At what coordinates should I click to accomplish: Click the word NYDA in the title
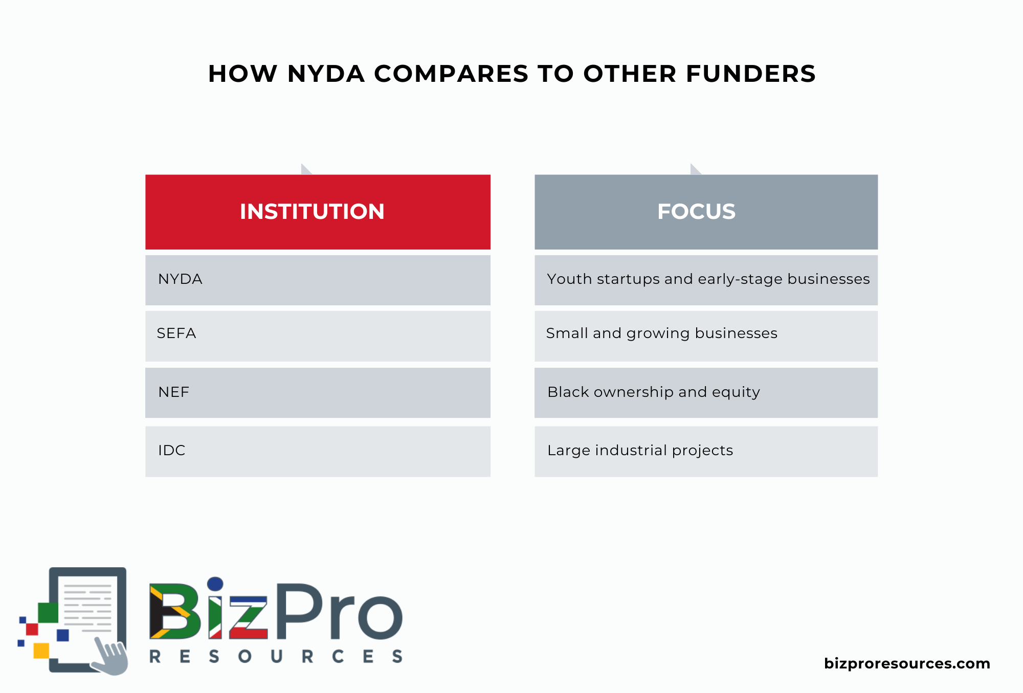click(x=326, y=74)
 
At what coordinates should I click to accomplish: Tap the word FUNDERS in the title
click(x=750, y=74)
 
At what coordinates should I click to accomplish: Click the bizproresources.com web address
click(x=907, y=664)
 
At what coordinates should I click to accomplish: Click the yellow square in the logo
click(x=41, y=651)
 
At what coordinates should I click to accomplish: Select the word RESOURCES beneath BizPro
click(x=276, y=657)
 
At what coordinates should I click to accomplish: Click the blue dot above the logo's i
click(x=215, y=584)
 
